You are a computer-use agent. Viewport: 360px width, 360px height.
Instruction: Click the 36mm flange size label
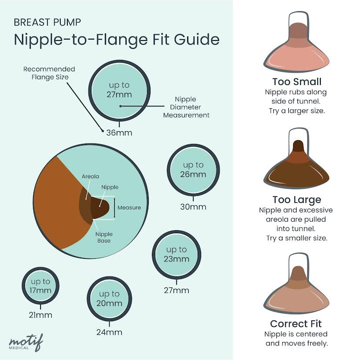(x=119, y=132)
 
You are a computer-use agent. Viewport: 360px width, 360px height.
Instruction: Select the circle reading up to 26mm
(x=194, y=169)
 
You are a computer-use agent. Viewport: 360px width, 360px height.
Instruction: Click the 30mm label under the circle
(x=193, y=207)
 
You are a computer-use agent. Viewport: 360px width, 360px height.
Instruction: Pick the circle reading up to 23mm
(x=176, y=254)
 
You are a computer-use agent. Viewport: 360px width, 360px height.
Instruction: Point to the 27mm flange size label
(x=176, y=290)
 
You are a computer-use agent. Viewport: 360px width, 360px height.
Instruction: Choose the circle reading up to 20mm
(x=110, y=298)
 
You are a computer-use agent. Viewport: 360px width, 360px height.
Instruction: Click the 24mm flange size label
(x=109, y=332)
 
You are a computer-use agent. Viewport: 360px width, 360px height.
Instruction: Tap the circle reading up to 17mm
(x=40, y=286)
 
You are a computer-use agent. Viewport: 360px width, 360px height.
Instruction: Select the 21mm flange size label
(x=40, y=315)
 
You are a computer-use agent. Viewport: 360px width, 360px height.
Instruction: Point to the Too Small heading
(x=297, y=82)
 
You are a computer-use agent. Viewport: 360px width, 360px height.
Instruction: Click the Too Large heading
(x=297, y=200)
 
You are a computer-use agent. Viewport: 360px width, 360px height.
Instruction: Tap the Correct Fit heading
(x=296, y=324)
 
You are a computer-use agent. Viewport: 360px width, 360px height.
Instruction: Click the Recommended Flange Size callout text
(x=49, y=73)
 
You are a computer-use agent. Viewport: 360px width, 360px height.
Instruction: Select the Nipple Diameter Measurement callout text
(x=186, y=107)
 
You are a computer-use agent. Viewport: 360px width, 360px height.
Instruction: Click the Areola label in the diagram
(x=90, y=176)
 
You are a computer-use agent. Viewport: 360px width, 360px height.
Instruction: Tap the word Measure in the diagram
(x=129, y=208)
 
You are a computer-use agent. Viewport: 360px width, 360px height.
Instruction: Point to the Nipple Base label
(x=104, y=238)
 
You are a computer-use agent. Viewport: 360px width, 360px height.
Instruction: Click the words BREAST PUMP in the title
(x=47, y=22)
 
